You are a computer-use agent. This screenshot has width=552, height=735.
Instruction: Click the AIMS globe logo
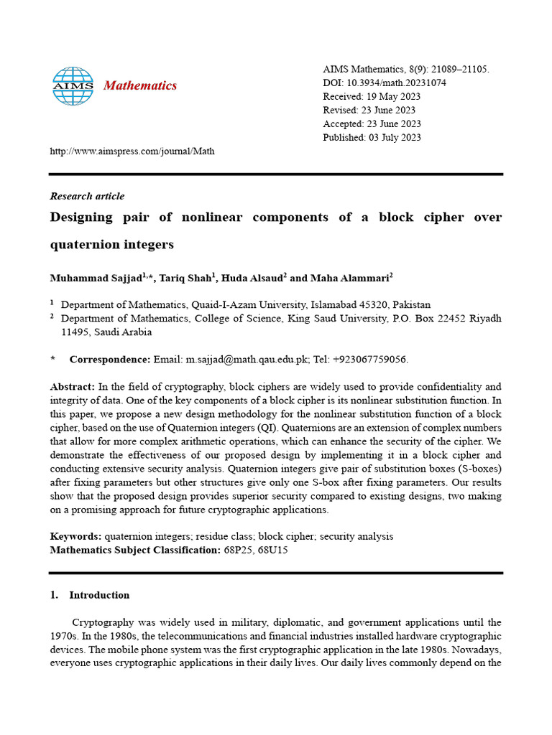point(73,86)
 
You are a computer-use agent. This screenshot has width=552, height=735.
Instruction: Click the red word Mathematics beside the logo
point(140,86)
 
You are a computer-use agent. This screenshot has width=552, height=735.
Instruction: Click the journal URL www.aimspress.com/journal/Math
point(132,151)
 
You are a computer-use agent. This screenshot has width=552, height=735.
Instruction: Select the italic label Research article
point(87,196)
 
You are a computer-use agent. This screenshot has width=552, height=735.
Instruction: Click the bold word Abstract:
point(72,386)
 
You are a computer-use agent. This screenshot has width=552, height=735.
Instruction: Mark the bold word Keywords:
point(75,536)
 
